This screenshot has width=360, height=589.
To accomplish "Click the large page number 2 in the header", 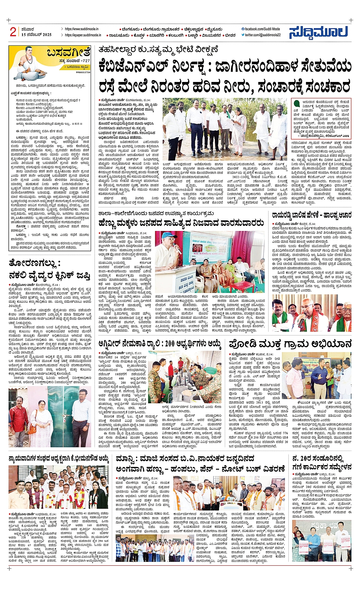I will point(13,32).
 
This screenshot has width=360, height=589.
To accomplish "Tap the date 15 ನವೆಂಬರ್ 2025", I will point(37,35).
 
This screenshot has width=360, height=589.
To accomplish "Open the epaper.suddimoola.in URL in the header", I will point(83,35).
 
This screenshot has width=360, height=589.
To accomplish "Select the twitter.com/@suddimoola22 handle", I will point(262,35).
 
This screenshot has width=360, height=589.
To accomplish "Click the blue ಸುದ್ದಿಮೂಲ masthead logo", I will point(318,32).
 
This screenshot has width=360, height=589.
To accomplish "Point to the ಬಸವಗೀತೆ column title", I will point(69,53).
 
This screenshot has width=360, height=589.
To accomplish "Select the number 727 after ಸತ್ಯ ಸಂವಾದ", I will point(85,61).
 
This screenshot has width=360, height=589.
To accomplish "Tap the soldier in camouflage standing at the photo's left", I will point(154,381).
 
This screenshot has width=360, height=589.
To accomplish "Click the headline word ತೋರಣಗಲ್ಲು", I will point(34,263).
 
